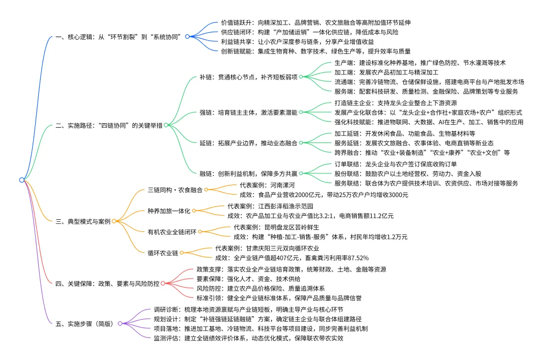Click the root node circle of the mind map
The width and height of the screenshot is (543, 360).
pyautogui.click(x=22, y=179)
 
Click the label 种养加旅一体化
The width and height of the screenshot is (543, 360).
pyautogui.click(x=168, y=211)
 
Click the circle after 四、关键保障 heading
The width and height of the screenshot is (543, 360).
pyautogui.click(x=163, y=284)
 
